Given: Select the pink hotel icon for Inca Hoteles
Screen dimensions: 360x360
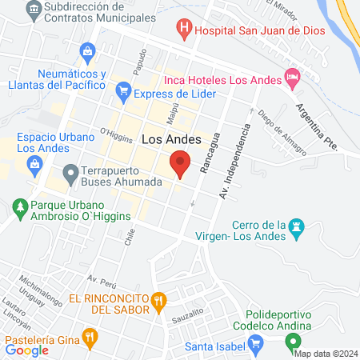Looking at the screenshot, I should pos(293,79).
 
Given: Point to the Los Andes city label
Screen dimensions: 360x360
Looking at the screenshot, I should pos(166,138).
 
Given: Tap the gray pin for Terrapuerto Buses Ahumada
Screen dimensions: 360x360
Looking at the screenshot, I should pos(70,171).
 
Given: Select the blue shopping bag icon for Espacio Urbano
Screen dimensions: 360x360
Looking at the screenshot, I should pos(35,164).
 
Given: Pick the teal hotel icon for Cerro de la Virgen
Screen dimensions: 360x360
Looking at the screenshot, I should pos(298,228).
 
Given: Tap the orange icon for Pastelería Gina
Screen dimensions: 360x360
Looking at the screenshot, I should pos(90,336).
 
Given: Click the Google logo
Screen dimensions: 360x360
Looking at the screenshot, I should pos(27,350).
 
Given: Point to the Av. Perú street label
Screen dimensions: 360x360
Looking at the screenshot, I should pos(103,282).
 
